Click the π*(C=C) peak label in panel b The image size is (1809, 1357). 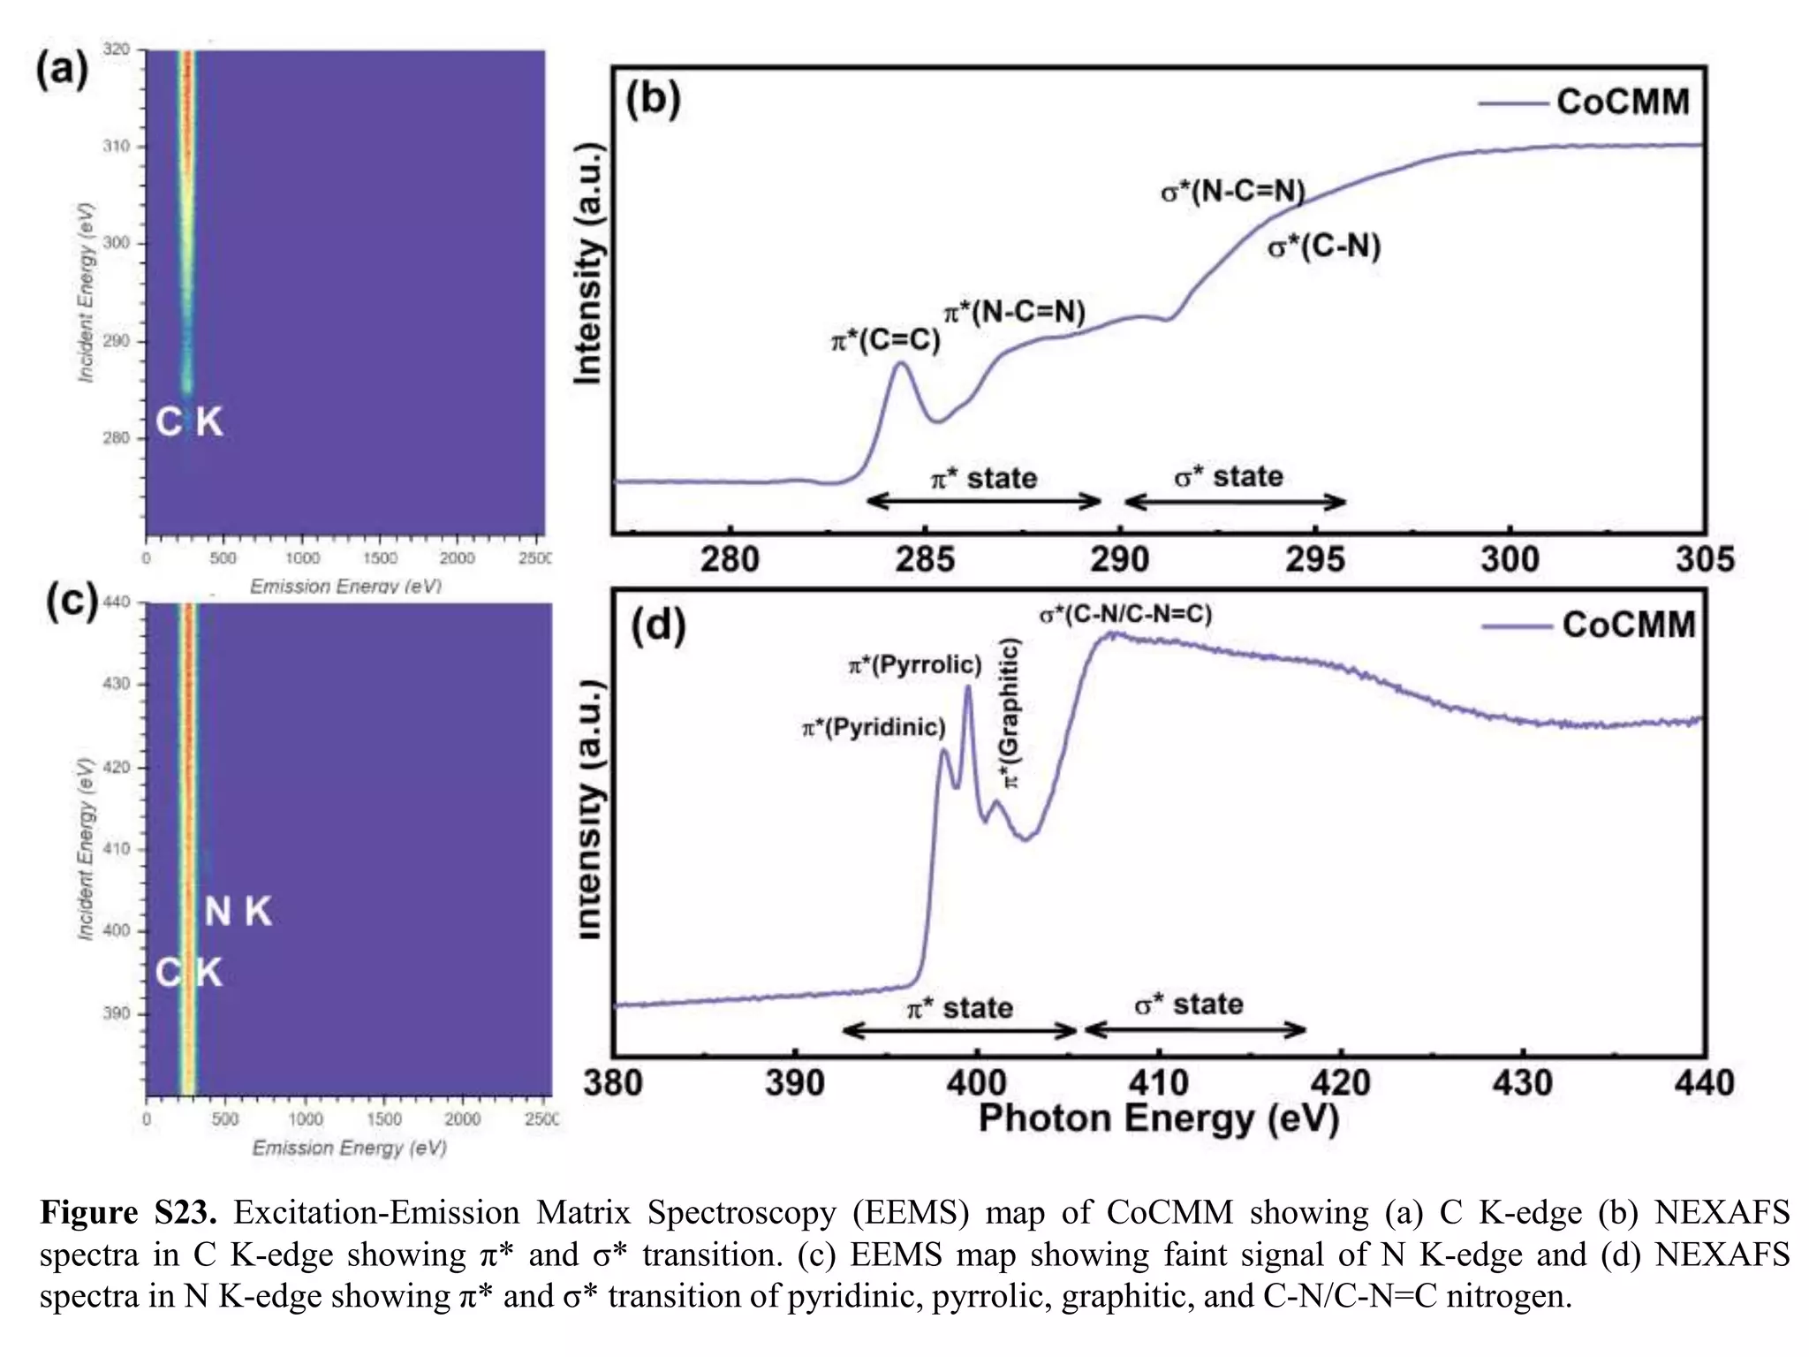click(885, 340)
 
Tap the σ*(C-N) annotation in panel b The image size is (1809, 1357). click(1323, 246)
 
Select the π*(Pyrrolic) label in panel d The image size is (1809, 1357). click(915, 664)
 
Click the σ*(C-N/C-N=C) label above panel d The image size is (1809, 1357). click(1125, 614)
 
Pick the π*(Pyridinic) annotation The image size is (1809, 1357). click(874, 727)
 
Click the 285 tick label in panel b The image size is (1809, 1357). click(925, 559)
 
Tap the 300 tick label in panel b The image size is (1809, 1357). click(1510, 559)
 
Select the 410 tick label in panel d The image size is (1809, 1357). click(1158, 1083)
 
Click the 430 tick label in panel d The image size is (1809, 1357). click(1522, 1083)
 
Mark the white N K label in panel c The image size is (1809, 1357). click(238, 912)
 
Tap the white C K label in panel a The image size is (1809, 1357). click(189, 421)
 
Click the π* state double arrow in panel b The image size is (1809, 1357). click(983, 502)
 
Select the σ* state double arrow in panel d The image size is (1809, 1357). click(1194, 1029)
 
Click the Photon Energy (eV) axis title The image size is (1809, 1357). click(1158, 1119)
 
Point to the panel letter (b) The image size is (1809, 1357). click(653, 99)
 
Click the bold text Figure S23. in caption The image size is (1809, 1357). click(128, 1212)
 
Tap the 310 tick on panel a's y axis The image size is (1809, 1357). click(116, 146)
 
